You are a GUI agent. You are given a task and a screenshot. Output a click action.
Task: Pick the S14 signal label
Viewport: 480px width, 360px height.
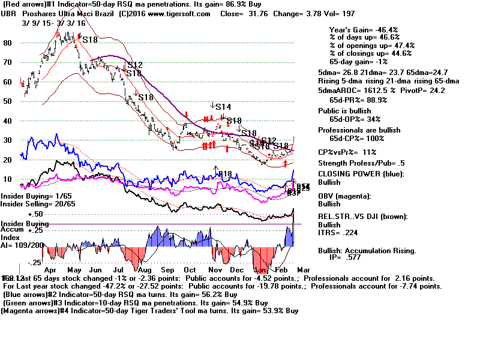tap(223, 107)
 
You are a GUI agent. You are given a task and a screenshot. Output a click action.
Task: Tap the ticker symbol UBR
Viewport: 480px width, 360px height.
tap(10, 13)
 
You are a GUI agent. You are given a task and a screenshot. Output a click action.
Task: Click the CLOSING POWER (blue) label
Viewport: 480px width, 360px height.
tap(361, 174)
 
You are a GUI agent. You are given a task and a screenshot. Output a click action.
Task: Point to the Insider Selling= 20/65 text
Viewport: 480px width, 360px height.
tap(34, 203)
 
